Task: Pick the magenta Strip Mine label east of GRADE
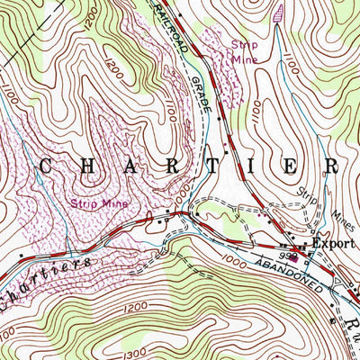(x=243, y=51)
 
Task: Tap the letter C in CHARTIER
(x=46, y=166)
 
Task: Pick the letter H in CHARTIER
(x=94, y=166)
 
